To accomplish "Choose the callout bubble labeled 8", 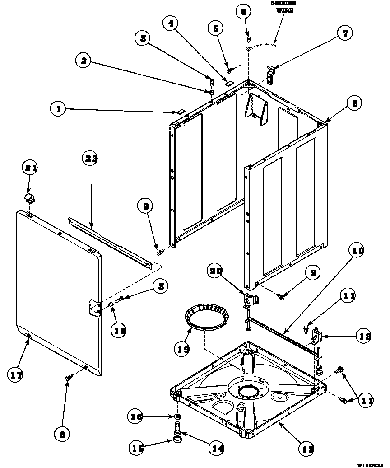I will pos(355,103).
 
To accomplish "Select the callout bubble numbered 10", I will pos(356,250).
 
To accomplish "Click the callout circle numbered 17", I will pos(17,374).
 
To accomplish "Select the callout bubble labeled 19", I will pos(183,348).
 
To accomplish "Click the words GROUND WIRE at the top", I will pos(282,7).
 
